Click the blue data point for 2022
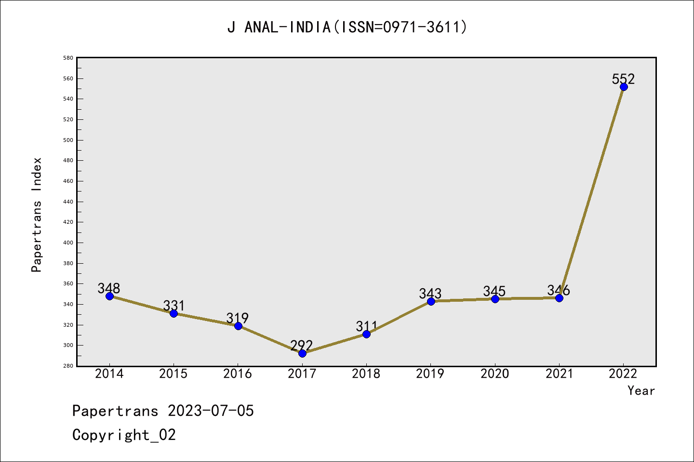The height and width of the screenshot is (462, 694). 624,87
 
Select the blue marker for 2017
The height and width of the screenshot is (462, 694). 302,353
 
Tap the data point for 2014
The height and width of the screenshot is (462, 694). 109,296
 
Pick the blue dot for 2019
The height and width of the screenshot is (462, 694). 431,301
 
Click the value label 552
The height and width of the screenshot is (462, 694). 623,78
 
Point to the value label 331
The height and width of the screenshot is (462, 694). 173,306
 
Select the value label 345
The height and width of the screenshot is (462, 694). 494,291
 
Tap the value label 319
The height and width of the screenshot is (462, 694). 238,318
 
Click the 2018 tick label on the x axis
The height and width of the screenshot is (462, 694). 366,373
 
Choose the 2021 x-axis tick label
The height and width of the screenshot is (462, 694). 559,373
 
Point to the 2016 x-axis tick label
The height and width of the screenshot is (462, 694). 238,373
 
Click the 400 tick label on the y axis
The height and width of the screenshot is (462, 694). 68,243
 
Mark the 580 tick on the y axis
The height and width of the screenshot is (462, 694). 68,58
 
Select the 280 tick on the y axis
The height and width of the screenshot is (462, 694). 68,366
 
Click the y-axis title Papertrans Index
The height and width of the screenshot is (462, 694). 37,215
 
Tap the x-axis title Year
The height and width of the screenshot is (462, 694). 641,390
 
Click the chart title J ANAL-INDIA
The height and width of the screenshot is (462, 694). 347,27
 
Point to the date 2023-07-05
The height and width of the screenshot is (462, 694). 211,411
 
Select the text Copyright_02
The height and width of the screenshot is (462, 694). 124,435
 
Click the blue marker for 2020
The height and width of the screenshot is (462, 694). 495,299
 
